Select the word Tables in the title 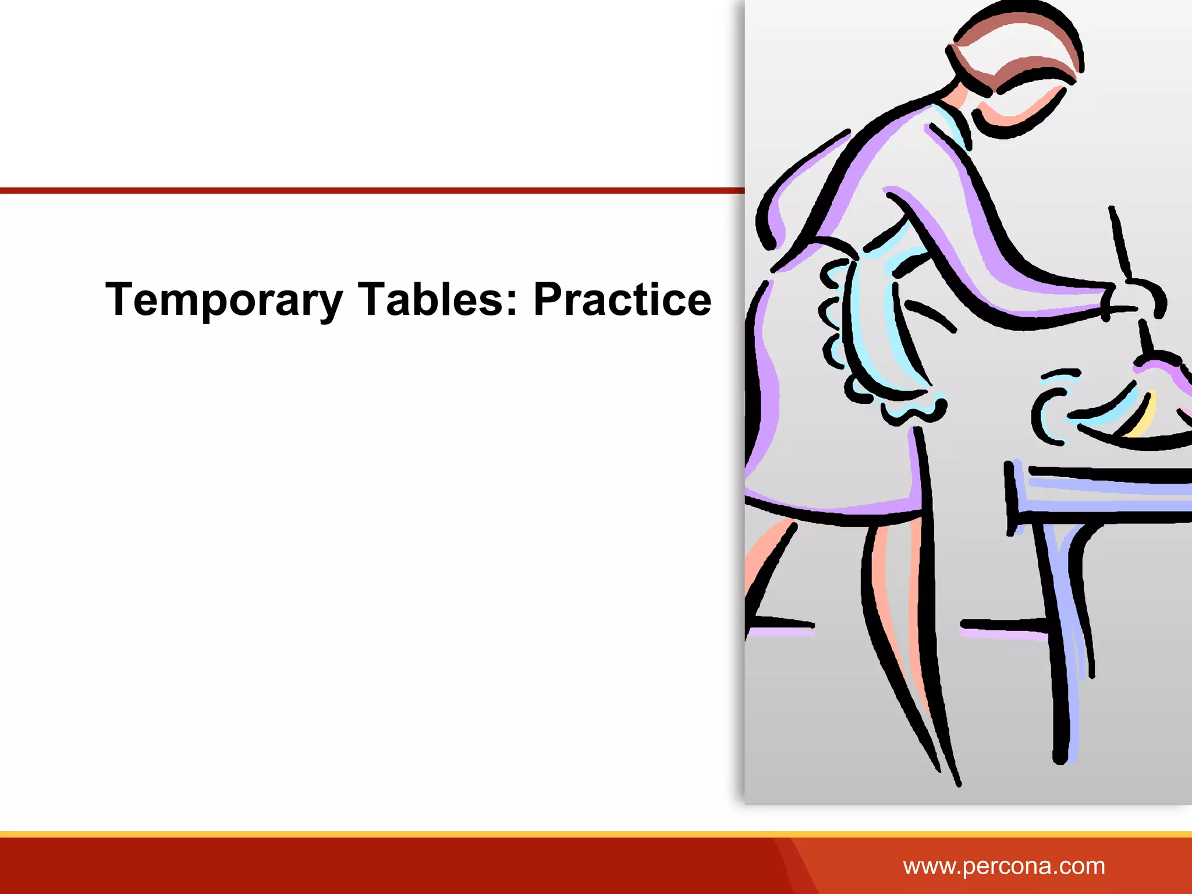pos(437,300)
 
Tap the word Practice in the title pos(622,300)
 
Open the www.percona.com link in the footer pos(1003,866)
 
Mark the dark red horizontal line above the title pos(372,190)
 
